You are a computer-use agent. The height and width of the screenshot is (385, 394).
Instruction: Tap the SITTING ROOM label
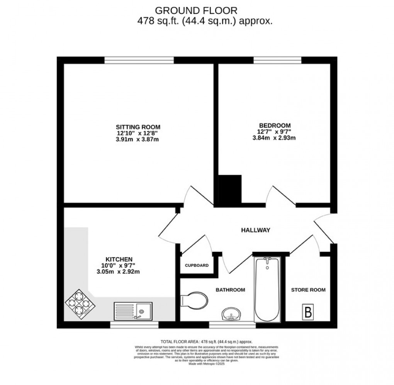[138, 127]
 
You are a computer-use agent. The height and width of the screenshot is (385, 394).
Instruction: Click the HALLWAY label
[255, 230]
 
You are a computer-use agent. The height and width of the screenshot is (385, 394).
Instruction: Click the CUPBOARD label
[197, 266]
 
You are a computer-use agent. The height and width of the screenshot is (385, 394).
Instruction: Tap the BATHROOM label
[230, 290]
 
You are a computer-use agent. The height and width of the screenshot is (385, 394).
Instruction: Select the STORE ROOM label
[308, 290]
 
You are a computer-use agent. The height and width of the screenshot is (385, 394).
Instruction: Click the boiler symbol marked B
[308, 312]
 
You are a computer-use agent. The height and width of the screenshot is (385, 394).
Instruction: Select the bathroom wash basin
[232, 314]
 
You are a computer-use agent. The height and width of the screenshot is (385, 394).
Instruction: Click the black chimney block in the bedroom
[230, 188]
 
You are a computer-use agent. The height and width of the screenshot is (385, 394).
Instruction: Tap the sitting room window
[139, 60]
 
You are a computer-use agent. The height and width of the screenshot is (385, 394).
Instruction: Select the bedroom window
[277, 60]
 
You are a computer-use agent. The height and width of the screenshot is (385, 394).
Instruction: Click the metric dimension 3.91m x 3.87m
[138, 139]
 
